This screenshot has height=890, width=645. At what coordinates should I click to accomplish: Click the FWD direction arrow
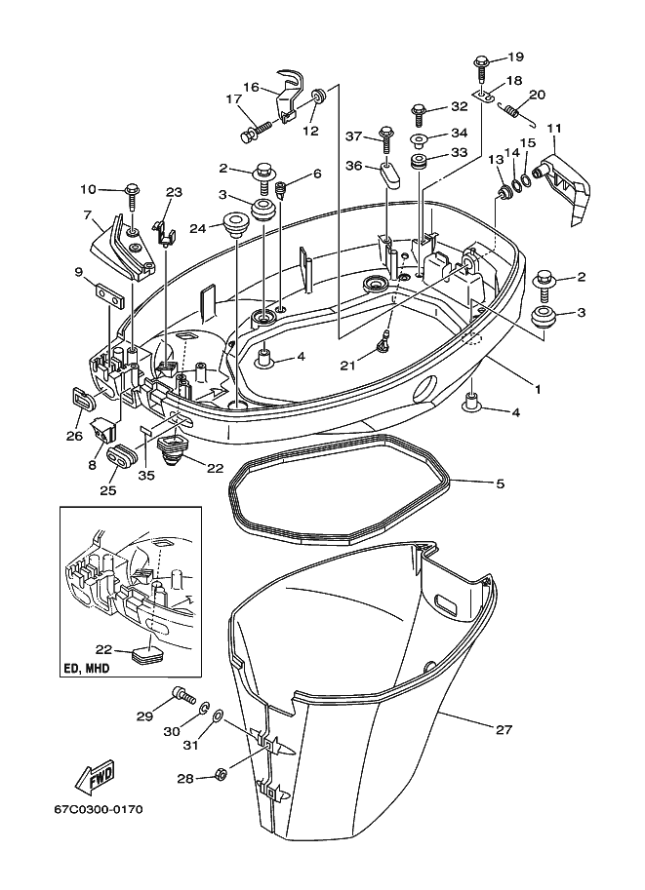tap(96, 775)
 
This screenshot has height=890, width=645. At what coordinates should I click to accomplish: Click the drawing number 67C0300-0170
tap(95, 809)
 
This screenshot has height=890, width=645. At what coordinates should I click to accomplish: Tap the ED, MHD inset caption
tap(86, 669)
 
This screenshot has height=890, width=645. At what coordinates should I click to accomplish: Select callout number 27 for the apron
tap(504, 729)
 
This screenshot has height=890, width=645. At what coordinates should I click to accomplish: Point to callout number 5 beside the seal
tap(500, 484)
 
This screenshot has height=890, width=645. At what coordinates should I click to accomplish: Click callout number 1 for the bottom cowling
tap(537, 389)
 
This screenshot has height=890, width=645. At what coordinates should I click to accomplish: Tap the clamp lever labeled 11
tap(564, 176)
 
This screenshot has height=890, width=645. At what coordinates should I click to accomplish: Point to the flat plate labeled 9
tap(109, 294)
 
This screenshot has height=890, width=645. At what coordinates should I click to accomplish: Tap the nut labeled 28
tap(222, 774)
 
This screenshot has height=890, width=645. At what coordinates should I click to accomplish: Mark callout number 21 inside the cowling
tap(347, 365)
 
